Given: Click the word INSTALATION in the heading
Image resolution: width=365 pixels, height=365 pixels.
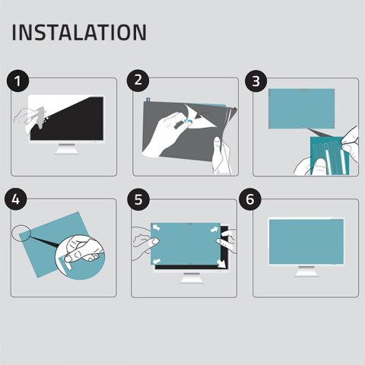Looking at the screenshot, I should tap(79, 33).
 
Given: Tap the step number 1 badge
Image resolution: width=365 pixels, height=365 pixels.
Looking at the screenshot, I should tap(18, 81).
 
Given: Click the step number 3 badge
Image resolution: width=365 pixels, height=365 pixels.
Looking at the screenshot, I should tap(255, 81).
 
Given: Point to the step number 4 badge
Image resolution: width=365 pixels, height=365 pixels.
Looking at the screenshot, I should tap(18, 201).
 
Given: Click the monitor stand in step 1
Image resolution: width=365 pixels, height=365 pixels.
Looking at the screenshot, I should tap(67, 149).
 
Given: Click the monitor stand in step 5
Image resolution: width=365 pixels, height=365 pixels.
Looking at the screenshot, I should tap(187, 276).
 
